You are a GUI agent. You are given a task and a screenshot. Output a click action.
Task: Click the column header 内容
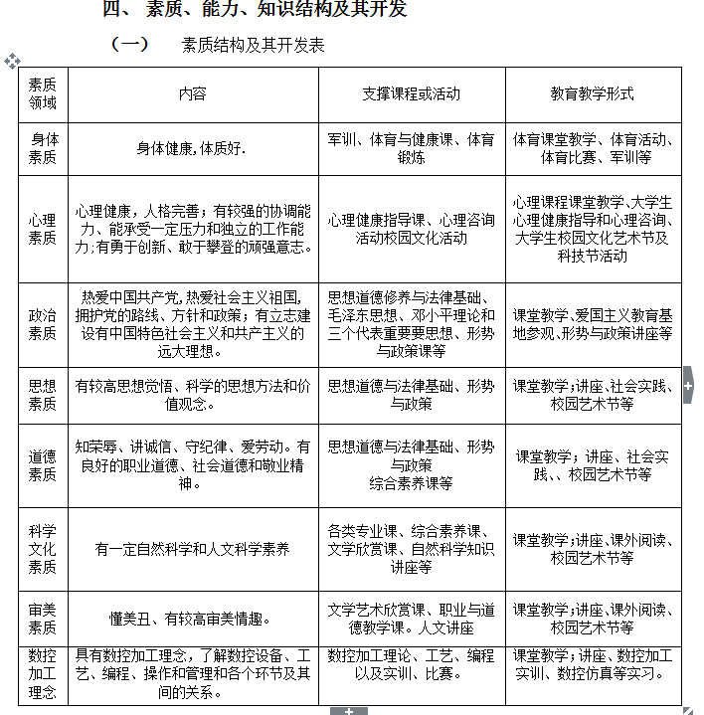point(193,93)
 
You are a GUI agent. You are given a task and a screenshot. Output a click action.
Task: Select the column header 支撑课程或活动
point(411,93)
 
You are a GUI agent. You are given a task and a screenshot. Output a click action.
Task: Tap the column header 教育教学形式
point(593,93)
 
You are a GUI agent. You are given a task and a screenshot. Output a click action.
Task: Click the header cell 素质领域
point(43,93)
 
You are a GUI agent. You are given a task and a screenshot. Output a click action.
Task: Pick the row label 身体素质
point(43,148)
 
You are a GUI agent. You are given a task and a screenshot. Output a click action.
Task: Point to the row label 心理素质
point(43,229)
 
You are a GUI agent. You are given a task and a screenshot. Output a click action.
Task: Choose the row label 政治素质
point(43,324)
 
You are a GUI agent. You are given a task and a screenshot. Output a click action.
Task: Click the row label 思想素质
point(43,395)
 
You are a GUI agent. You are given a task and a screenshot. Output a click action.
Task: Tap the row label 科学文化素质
point(43,548)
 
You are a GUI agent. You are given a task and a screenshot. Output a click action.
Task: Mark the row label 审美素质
point(43,619)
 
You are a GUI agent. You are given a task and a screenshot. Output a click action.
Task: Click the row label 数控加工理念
point(43,674)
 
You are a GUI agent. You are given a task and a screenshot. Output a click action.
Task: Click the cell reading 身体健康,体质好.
point(193,149)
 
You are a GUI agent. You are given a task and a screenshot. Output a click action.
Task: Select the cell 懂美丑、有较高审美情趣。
point(193,619)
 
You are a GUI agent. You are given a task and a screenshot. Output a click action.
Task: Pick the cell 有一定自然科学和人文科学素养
point(193,548)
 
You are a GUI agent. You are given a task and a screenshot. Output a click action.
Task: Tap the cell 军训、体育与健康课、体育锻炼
point(411,148)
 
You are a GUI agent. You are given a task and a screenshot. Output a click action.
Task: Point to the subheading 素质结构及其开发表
point(254,45)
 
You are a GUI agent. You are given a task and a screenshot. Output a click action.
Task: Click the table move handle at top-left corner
point(12,61)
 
